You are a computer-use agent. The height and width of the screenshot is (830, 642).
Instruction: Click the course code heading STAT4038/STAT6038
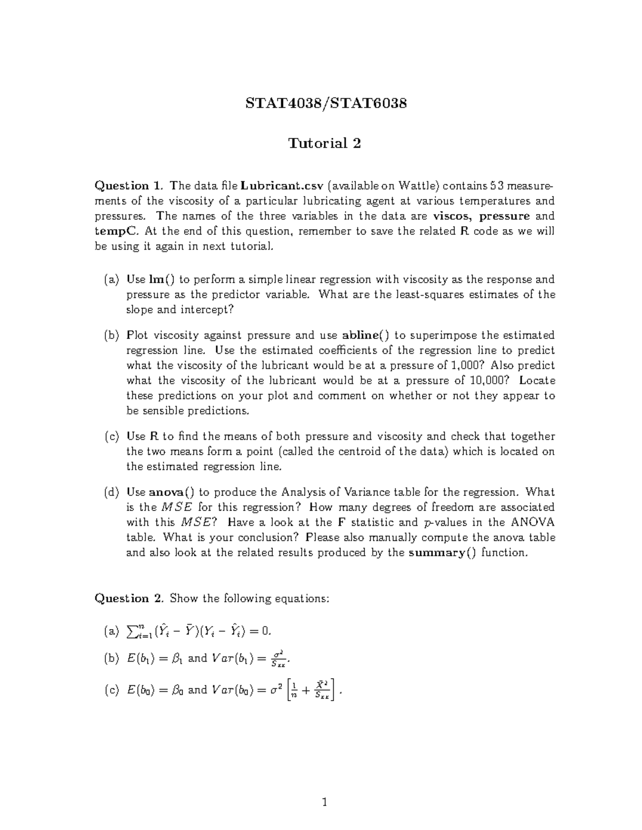[326, 103]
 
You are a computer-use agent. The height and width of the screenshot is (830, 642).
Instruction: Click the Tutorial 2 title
[325, 143]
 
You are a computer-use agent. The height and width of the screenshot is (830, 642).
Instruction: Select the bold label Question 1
[128, 186]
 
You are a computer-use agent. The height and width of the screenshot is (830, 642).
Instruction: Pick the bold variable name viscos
[453, 216]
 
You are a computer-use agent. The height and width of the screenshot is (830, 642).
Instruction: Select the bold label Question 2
[128, 599]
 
